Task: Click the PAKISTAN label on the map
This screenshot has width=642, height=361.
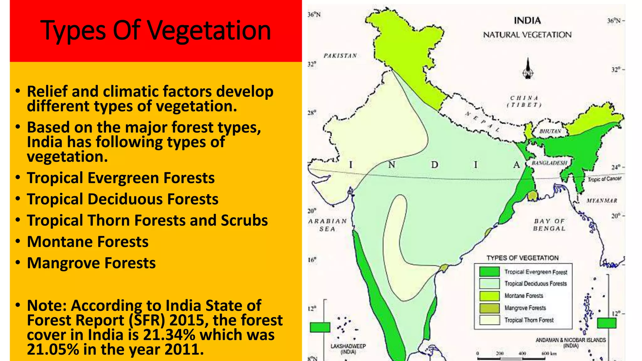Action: (340, 56)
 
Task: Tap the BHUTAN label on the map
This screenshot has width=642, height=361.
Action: (550, 131)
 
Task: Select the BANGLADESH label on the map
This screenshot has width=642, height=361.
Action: (550, 163)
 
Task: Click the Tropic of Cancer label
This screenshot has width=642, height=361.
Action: (604, 179)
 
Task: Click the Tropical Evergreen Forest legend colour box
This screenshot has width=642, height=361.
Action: (489, 272)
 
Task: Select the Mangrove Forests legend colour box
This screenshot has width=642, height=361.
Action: (489, 308)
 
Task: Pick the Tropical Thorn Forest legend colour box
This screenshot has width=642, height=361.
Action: (489, 320)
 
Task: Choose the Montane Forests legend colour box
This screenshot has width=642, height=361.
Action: (489, 296)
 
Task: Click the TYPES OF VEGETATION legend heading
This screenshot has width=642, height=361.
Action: (523, 258)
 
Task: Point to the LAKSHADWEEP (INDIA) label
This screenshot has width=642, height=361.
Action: (348, 349)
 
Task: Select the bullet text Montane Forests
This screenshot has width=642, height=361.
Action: (88, 242)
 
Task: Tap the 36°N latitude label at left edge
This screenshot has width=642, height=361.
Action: (314, 15)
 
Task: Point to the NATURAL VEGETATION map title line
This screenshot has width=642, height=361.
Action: (527, 35)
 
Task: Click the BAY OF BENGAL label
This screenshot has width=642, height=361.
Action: (549, 225)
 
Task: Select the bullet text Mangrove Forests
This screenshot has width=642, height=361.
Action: (91, 263)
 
